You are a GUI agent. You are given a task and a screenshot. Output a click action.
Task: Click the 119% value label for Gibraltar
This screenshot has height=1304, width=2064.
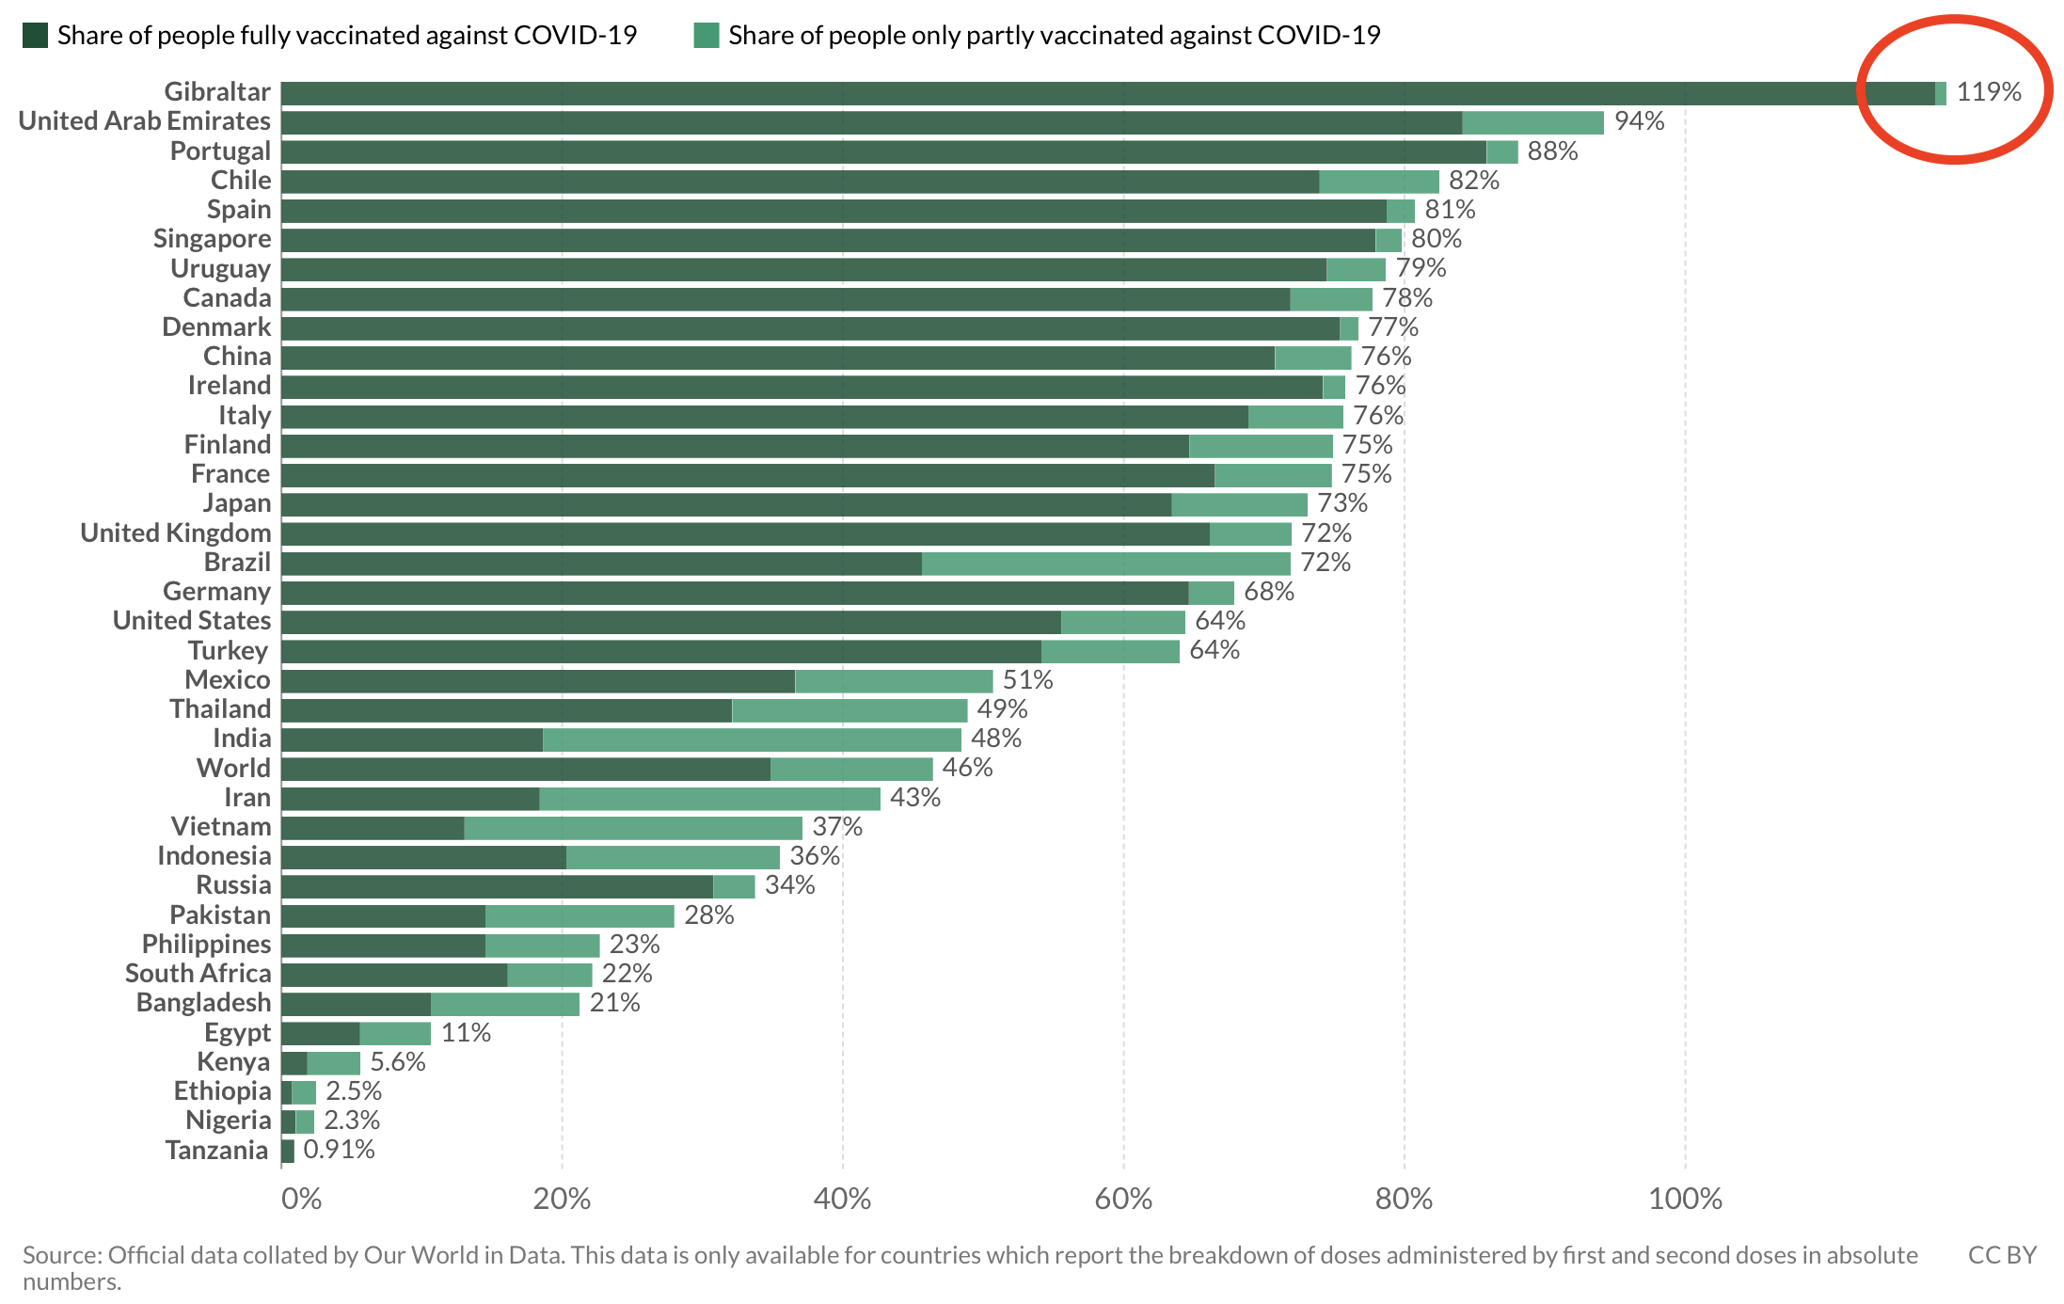[x=1988, y=92]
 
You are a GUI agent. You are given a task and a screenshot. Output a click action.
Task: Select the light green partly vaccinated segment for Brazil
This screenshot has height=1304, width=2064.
[x=1105, y=564]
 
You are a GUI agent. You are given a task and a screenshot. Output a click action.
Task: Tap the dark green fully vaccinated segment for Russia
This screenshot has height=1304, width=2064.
[x=497, y=886]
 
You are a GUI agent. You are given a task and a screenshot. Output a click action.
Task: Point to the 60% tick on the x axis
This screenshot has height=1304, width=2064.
[x=1123, y=1199]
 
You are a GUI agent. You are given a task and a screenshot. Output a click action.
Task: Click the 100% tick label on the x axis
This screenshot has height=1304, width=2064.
[x=1685, y=1199]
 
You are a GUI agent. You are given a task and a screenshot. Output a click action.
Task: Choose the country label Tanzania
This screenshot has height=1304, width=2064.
[x=216, y=1151]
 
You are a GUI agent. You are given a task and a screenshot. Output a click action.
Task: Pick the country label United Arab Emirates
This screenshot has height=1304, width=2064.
[x=145, y=121]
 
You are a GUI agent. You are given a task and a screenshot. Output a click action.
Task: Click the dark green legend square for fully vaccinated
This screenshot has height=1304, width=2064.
[x=35, y=36]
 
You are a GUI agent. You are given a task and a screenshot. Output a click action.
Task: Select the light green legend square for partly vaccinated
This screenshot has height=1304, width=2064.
[x=706, y=36]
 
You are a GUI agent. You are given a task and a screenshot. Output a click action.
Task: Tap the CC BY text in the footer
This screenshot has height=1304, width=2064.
[x=2002, y=1255]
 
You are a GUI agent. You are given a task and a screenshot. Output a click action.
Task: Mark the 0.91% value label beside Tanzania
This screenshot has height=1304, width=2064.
[x=339, y=1150]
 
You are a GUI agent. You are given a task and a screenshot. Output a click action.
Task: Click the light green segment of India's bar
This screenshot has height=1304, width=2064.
[x=752, y=739]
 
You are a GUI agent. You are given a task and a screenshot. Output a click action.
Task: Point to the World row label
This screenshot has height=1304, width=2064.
[x=233, y=769]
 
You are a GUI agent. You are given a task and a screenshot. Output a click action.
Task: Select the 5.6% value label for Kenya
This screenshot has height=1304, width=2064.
[x=397, y=1062]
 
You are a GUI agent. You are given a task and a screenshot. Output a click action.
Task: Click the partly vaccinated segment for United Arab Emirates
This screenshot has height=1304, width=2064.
[x=1532, y=122]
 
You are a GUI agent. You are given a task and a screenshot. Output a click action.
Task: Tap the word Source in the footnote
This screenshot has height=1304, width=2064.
[x=62, y=1255]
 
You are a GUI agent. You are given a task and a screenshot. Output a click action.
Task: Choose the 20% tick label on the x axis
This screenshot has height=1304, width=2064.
[x=562, y=1199]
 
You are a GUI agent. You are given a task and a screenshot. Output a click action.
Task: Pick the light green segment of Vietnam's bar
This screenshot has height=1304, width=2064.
[x=633, y=828]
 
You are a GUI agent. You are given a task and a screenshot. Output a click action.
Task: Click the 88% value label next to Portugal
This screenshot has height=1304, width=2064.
[x=1552, y=151]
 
